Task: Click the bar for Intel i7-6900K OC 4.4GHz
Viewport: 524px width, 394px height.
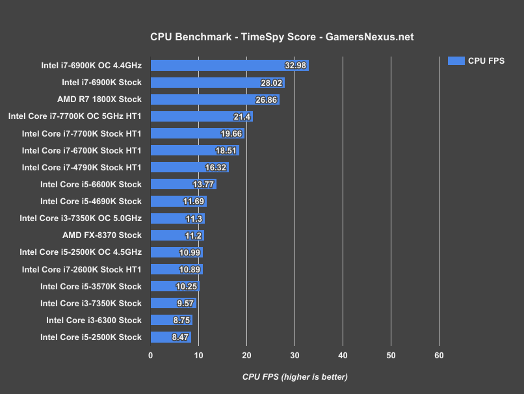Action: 229,66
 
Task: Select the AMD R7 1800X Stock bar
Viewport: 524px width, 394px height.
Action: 215,99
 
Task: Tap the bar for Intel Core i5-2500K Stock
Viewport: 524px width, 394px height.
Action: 170,337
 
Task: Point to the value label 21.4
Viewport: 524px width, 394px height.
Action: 242,116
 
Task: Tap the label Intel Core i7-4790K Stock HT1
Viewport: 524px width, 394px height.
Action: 81,167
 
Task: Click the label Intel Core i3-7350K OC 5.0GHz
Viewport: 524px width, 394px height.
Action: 81,218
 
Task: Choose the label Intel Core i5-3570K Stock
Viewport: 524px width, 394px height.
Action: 90,286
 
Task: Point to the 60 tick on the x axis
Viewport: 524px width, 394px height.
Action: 439,355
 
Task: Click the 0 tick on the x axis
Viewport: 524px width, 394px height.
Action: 151,355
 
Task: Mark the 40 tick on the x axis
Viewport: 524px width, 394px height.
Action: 343,355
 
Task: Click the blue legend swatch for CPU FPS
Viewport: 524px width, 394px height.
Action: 456,60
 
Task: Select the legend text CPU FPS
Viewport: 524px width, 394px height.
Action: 486,60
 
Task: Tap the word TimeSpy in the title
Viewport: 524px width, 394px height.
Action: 258,37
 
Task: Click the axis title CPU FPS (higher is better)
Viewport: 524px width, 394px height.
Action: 295,376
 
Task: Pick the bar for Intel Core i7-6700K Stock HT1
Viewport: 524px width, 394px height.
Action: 194,150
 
